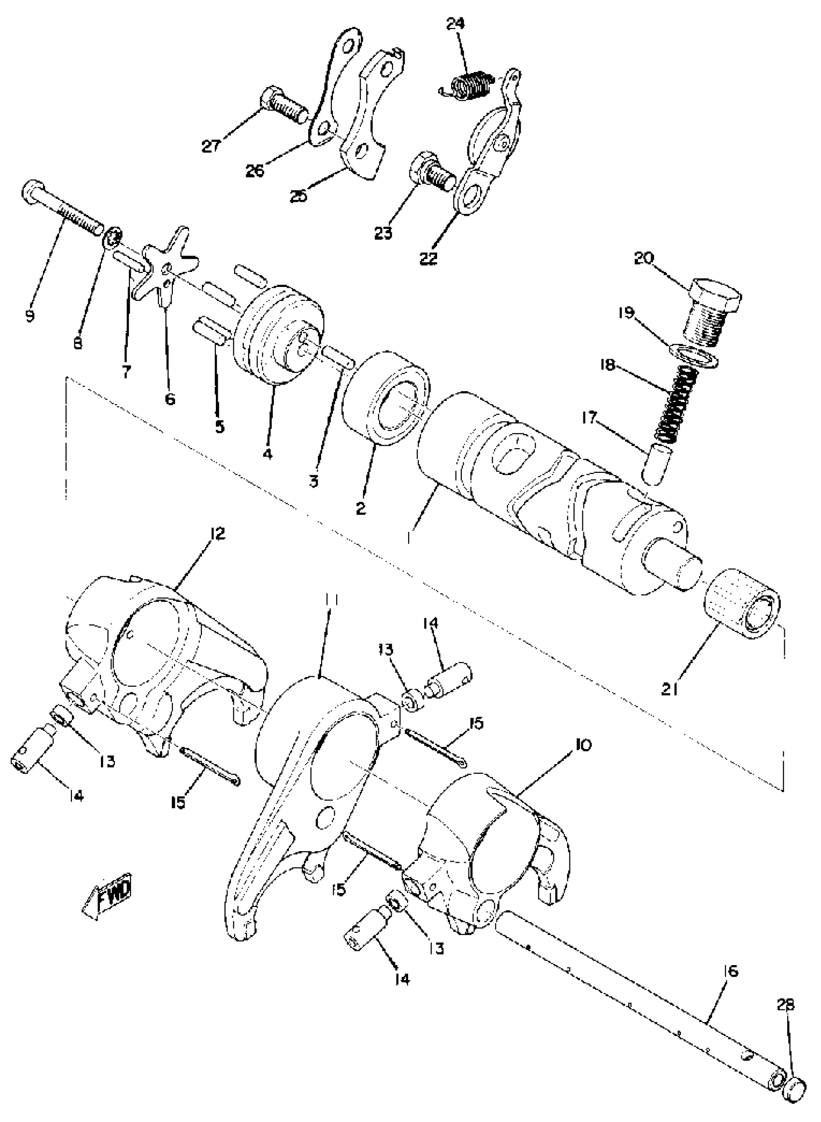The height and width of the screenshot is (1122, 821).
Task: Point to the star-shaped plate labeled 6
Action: pyautogui.click(x=164, y=269)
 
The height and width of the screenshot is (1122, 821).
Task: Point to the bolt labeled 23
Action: pyautogui.click(x=431, y=176)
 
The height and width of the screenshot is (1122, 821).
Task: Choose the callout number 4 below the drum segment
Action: pyautogui.click(x=268, y=453)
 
